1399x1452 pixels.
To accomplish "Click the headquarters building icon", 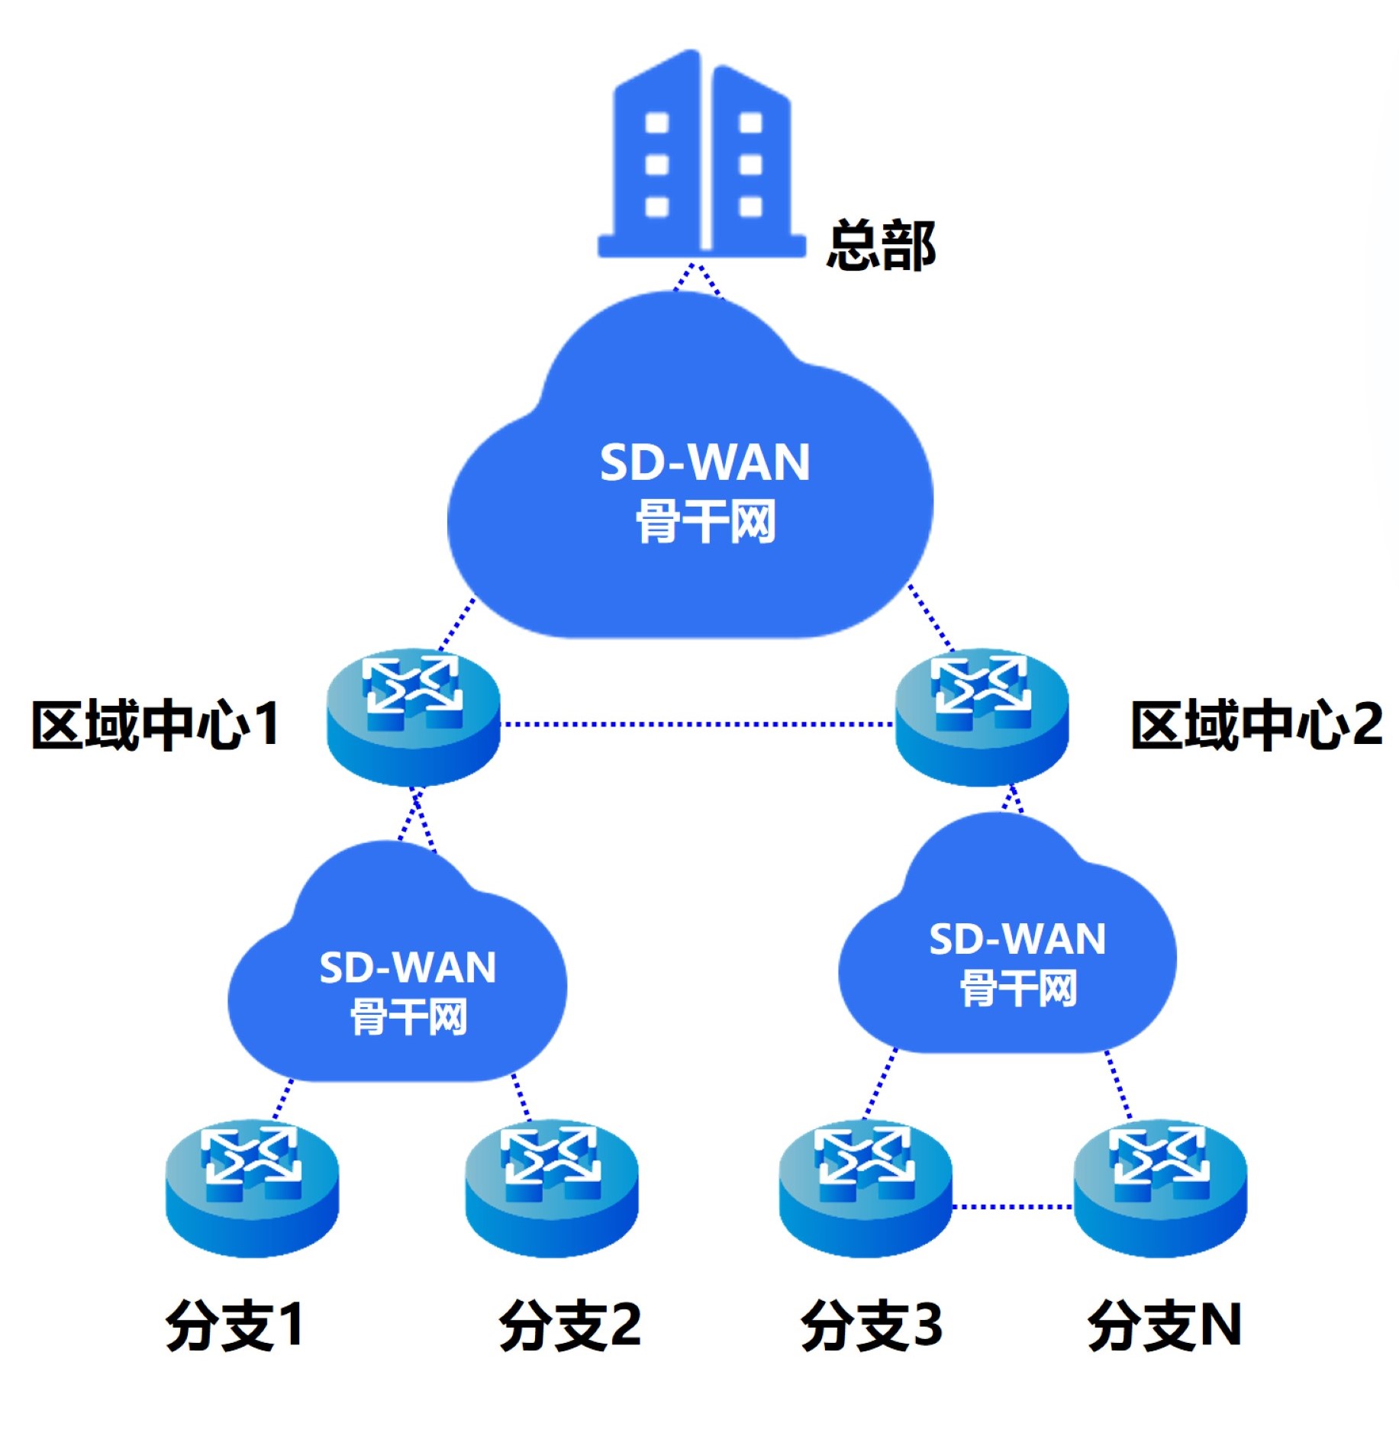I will pyautogui.click(x=700, y=156).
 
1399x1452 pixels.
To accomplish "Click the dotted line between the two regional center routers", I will pyautogui.click(x=696, y=723).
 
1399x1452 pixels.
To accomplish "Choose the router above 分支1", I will pyautogui.click(x=252, y=1186).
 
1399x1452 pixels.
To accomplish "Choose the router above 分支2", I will pyautogui.click(x=551, y=1186).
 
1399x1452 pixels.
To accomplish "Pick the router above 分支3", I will pyautogui.click(x=865, y=1186).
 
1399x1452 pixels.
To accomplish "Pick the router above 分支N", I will pyautogui.click(x=1159, y=1186).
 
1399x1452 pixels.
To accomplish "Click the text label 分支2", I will pyautogui.click(x=569, y=1325).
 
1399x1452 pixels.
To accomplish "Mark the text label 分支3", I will pyautogui.click(x=871, y=1325).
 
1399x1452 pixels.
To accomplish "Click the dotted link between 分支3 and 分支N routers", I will pyautogui.click(x=1012, y=1206).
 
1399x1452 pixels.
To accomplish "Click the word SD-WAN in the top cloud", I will pyautogui.click(x=704, y=462).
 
